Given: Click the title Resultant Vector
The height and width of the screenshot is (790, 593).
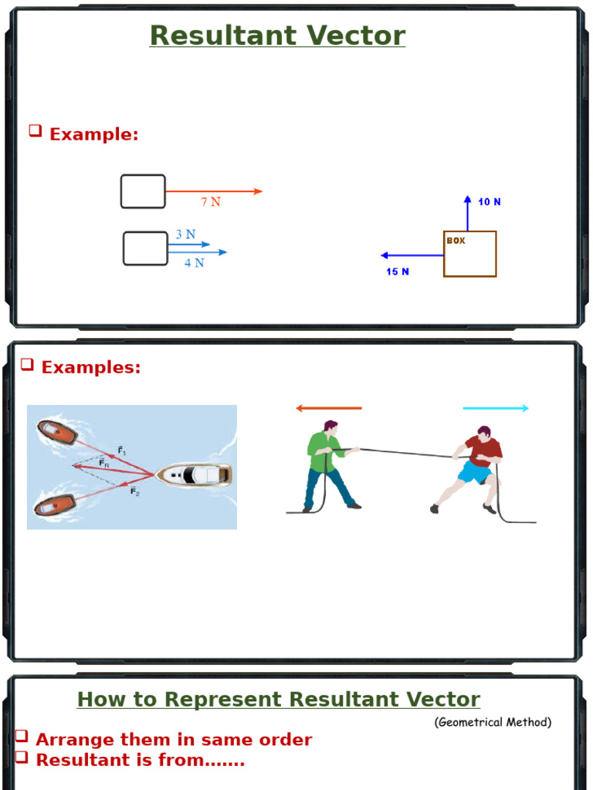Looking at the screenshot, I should click(277, 35).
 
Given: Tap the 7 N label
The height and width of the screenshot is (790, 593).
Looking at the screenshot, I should click(211, 202).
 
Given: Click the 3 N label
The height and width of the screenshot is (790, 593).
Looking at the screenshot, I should click(185, 235).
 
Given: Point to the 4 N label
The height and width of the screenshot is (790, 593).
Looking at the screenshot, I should click(195, 263).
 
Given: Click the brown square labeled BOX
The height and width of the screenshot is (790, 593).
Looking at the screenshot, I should click(469, 254).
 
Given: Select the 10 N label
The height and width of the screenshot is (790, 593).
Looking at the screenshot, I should click(489, 202).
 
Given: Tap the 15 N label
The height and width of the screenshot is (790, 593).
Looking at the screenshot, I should click(398, 272).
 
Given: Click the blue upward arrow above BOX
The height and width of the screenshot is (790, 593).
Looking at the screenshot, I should click(467, 213).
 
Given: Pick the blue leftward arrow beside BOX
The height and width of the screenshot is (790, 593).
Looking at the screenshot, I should click(412, 255).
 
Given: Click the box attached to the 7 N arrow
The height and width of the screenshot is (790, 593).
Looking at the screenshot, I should click(143, 191).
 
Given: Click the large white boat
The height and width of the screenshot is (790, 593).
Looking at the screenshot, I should click(195, 474).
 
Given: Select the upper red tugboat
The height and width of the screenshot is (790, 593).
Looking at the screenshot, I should click(57, 432).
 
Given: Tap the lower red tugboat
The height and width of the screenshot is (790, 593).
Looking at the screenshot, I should click(54, 505).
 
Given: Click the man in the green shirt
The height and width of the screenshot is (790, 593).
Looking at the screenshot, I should click(327, 466).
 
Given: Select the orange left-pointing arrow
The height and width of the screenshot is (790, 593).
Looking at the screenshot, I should click(329, 408).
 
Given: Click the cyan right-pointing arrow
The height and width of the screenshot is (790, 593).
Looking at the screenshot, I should click(496, 408).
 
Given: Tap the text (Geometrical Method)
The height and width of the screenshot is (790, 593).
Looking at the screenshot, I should click(493, 723).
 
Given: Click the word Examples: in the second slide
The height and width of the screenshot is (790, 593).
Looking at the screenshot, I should click(91, 367).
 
